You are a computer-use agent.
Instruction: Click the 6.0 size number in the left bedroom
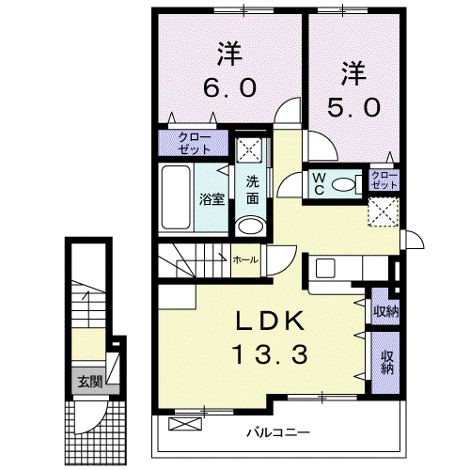point(230,87)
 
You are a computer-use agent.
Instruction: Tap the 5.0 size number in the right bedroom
point(354,107)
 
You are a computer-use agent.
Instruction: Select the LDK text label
point(270,321)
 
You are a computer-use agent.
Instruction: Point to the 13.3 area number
point(270,353)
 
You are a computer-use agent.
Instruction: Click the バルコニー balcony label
point(278,433)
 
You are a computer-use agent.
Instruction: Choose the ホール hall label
point(245,259)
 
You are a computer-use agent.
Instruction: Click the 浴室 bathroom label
point(212,199)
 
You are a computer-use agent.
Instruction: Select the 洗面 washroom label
point(253,190)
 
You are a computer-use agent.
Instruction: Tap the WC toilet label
point(319,184)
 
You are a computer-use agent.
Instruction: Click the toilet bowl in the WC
point(342,184)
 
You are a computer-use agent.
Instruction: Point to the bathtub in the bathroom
point(176,197)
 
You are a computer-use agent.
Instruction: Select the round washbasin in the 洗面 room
point(251,226)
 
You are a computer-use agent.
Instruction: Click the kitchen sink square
point(326,268)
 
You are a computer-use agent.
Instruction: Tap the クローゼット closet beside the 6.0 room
point(194,143)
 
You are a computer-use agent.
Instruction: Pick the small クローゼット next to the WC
point(384,180)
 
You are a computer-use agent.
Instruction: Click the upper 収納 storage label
point(385,311)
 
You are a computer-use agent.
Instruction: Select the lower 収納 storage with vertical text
point(387,363)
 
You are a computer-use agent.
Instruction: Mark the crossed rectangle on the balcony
point(185,424)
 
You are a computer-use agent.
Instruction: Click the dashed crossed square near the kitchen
point(383,211)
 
